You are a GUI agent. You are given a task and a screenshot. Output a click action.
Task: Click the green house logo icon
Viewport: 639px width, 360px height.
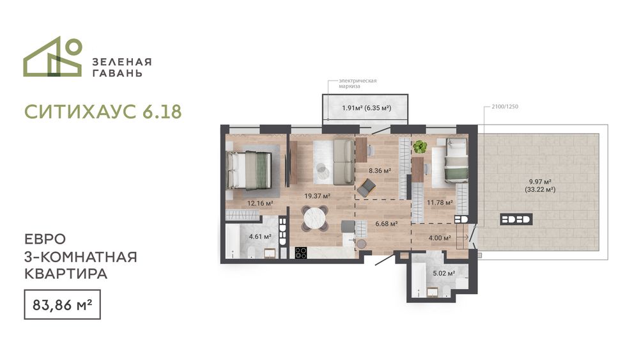(x=52, y=56)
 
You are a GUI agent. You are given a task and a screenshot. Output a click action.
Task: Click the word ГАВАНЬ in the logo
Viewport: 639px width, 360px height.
(x=118, y=74)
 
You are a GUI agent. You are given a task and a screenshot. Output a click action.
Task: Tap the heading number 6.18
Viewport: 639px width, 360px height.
(x=162, y=111)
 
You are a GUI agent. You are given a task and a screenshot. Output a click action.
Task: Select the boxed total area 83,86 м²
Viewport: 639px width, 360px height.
(x=63, y=304)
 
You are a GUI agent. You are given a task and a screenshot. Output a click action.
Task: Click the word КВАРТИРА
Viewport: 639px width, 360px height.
(x=66, y=274)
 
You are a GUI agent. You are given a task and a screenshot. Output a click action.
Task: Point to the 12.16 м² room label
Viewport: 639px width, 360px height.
(x=260, y=203)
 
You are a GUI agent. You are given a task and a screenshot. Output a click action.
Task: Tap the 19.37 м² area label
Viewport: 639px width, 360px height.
(x=317, y=196)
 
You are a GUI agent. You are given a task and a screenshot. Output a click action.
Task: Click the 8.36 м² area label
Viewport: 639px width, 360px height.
(x=380, y=171)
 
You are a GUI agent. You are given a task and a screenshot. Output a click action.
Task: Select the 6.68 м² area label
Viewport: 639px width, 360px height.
(x=387, y=224)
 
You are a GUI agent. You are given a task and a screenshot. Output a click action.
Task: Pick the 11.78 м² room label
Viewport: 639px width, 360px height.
(x=440, y=203)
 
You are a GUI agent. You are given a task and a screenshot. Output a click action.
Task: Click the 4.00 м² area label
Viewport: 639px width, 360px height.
(x=440, y=238)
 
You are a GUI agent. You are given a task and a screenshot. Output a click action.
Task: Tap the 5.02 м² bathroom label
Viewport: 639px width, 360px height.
(x=444, y=274)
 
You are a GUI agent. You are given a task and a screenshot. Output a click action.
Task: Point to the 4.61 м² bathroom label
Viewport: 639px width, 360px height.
(x=261, y=237)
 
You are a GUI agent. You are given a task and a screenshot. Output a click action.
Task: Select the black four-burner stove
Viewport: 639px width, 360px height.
(x=301, y=253)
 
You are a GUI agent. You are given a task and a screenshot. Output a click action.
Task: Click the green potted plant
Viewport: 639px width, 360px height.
(x=419, y=146)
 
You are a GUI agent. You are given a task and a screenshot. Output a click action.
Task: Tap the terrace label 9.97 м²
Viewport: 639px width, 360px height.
(x=540, y=182)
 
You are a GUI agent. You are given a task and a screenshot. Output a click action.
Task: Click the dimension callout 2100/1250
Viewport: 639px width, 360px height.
(x=505, y=107)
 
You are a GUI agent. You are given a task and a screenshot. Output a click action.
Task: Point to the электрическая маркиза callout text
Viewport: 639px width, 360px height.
(x=357, y=84)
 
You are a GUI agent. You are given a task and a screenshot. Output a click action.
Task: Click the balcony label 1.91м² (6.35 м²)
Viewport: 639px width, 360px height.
(x=366, y=108)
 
